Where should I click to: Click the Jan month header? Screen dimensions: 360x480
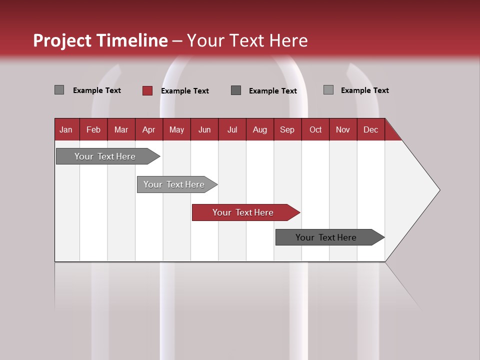click(x=66, y=129)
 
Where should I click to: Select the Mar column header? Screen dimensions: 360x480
click(x=121, y=129)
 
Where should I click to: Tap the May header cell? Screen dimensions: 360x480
click(x=176, y=129)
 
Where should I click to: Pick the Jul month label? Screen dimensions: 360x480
click(x=232, y=129)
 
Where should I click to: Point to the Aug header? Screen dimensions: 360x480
click(x=259, y=129)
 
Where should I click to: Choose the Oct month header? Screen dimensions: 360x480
click(x=315, y=129)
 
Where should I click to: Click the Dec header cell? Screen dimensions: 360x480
click(x=370, y=129)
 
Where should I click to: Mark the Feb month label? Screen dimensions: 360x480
click(x=93, y=129)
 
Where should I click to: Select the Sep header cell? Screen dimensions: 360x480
click(x=287, y=129)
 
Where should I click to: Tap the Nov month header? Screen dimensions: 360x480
click(x=342, y=129)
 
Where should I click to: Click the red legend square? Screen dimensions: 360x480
click(x=147, y=90)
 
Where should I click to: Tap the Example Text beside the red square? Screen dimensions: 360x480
click(x=184, y=91)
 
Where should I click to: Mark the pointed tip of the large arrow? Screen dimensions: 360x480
click(x=438, y=190)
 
